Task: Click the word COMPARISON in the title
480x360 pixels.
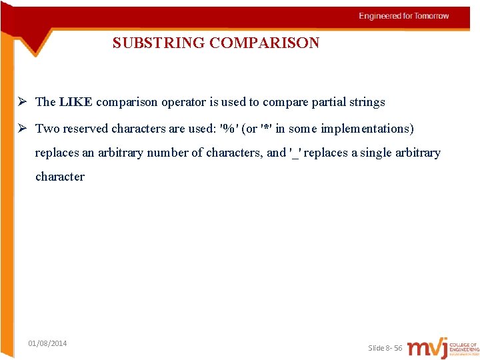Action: (265, 43)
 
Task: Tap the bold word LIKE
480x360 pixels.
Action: (75, 102)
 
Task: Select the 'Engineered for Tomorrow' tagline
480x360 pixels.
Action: (404, 16)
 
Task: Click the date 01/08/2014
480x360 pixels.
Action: (47, 343)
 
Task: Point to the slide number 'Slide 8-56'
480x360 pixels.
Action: (385, 348)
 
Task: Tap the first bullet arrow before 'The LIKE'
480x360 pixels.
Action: (22, 102)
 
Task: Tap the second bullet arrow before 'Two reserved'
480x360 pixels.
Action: (22, 128)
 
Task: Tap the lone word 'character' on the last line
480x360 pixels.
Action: (60, 177)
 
